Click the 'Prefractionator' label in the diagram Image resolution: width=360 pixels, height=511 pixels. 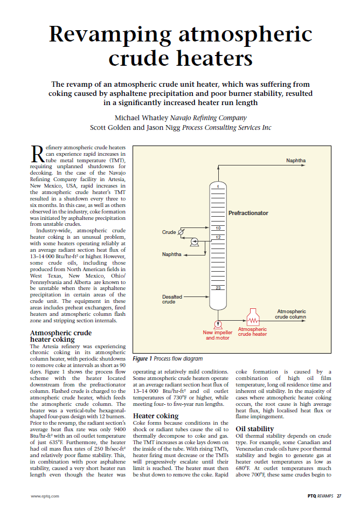coord(248,213)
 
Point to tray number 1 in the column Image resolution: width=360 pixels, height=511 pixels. coord(218,186)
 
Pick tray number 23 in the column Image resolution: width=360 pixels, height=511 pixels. coord(218,288)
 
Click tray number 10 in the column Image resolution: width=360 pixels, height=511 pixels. coord(218,229)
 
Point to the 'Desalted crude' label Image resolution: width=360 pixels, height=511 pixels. coord(172,299)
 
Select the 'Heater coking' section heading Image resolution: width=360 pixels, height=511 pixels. coord(156,416)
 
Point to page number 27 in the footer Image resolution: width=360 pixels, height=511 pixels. coord(339,495)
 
